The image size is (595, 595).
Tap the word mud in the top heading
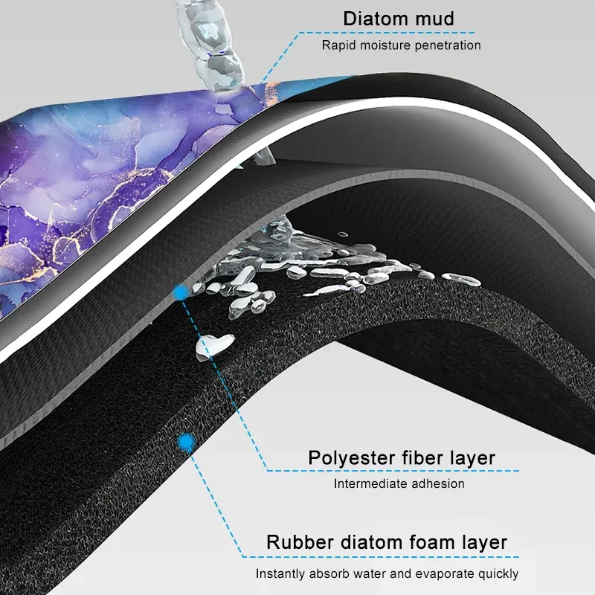point(436,19)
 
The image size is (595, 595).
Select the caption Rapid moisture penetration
point(401,45)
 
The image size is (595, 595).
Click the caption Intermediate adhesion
point(399,484)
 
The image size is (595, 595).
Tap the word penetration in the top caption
point(449,45)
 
